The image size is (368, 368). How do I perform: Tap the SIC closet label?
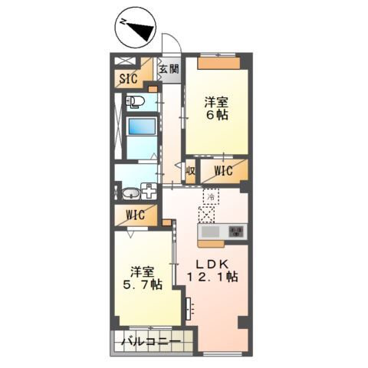click(x=128, y=77)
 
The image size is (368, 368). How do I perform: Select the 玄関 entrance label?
click(x=168, y=70)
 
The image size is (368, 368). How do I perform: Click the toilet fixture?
click(x=135, y=101)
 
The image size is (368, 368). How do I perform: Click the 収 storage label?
click(x=190, y=170)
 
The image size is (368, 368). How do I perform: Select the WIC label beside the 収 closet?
click(x=224, y=170)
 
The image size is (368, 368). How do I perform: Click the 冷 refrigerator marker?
click(x=209, y=195)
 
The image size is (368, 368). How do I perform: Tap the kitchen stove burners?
click(x=236, y=232)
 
